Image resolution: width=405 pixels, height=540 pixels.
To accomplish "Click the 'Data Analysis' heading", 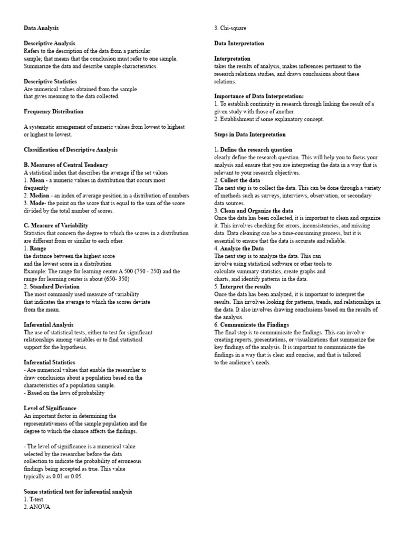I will [x=41, y=28].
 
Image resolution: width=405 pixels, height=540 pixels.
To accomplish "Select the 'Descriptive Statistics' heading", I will [x=50, y=82].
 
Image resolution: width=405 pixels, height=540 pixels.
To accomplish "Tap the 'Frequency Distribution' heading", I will [x=53, y=112].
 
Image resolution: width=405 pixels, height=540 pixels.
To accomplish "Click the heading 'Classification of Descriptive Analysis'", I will [x=71, y=150].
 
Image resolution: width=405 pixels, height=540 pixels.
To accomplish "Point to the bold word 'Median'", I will [x=40, y=196].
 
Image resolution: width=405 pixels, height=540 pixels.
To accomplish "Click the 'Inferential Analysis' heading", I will [x=49, y=325].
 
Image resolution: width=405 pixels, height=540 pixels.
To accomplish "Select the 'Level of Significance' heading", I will [x=50, y=408].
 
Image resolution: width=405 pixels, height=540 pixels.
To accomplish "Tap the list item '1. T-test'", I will [x=35, y=499].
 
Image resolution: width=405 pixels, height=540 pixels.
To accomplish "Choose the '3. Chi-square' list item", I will [x=230, y=28].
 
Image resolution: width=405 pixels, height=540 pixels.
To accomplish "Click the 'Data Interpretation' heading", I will [x=239, y=43].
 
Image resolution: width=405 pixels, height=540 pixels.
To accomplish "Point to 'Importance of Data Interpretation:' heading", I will [x=259, y=97].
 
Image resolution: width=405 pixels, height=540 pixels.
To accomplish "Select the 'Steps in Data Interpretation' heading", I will [x=250, y=134].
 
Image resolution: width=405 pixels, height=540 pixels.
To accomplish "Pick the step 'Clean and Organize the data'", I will [x=255, y=210].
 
